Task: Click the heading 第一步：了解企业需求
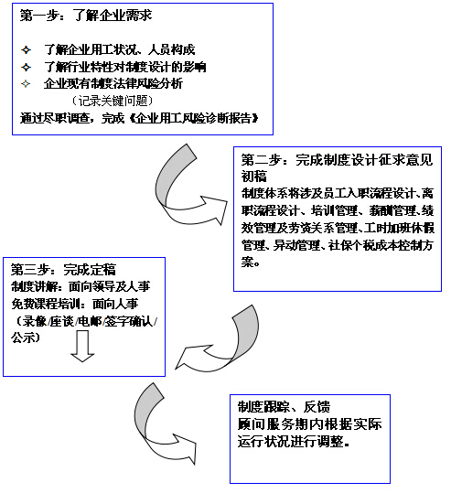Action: (86, 15)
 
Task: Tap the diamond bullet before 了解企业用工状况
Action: (27, 50)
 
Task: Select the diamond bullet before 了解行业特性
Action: (27, 67)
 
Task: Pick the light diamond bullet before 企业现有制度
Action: (26, 84)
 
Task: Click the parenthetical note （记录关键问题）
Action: (113, 101)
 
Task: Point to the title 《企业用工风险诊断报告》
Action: (194, 118)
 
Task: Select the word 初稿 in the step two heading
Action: (254, 176)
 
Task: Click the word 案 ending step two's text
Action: (248, 262)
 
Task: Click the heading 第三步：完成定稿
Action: (63, 270)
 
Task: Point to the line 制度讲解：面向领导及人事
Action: (81, 286)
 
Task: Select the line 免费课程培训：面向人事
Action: (75, 304)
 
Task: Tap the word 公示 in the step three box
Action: (23, 338)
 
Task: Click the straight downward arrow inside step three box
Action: (82, 347)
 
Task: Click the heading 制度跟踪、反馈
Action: (284, 406)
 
